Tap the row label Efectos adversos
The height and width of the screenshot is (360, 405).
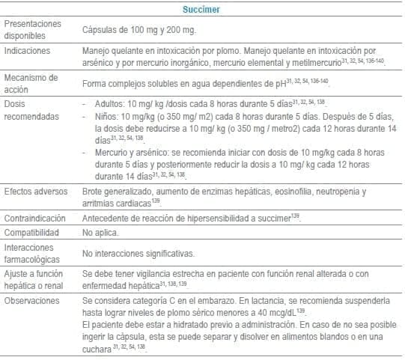pos(33,192)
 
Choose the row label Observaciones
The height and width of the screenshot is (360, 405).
pos(31,299)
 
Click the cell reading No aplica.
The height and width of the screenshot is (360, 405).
pos(100,232)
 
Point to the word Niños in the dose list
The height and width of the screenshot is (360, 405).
pos(110,117)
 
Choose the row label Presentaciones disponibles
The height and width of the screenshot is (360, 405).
pos(32,29)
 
